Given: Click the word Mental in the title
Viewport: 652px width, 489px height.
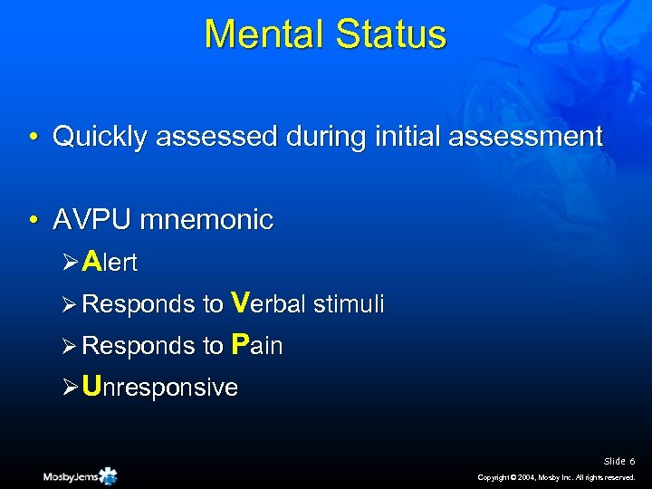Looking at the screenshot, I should click(264, 34).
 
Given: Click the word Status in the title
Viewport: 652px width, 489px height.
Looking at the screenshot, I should click(391, 34).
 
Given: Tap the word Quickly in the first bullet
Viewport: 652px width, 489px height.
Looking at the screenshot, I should click(101, 137).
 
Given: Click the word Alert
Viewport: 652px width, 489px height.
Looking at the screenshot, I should click(109, 263).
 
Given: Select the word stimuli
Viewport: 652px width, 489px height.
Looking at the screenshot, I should click(350, 304).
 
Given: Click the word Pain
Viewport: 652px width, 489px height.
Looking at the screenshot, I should click(257, 346).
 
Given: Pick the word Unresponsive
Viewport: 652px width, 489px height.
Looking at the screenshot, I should click(159, 388).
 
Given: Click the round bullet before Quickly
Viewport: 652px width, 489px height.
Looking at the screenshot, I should click(32, 139).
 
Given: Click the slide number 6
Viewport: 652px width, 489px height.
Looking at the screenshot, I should click(632, 462).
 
